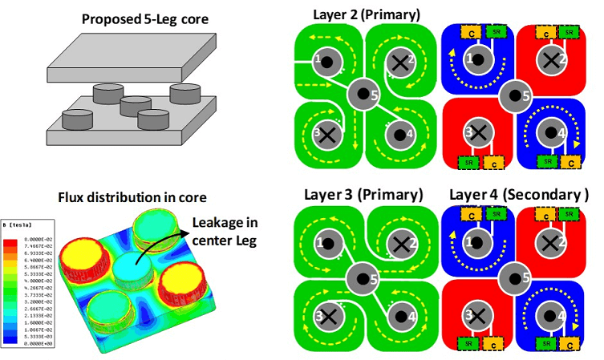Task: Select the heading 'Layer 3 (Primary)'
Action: (x=363, y=195)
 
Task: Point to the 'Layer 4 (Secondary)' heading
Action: (x=518, y=195)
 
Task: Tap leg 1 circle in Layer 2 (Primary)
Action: (x=326, y=59)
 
